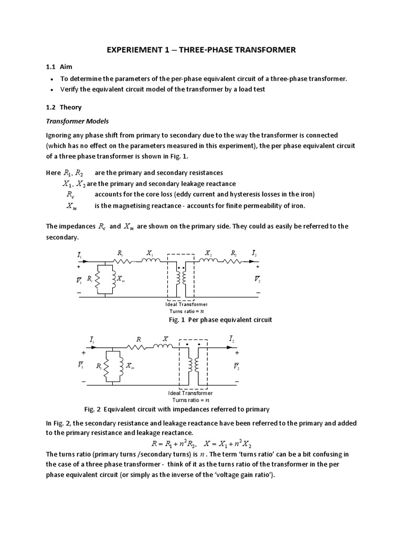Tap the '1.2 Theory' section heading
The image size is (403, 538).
click(63, 107)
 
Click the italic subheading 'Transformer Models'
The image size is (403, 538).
click(77, 121)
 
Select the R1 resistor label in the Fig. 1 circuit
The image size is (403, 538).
click(120, 253)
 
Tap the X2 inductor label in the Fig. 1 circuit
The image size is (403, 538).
click(209, 253)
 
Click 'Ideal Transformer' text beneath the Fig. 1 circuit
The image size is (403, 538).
click(187, 304)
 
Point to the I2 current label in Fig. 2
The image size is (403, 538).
click(232, 340)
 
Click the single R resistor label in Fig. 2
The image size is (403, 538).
click(139, 339)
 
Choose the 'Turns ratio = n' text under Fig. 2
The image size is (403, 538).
click(190, 400)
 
